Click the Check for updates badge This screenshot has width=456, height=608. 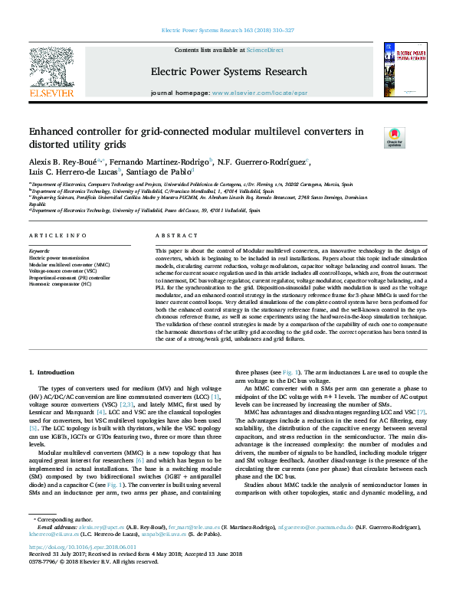coord(394,138)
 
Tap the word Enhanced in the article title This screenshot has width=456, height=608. coord(53,132)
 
